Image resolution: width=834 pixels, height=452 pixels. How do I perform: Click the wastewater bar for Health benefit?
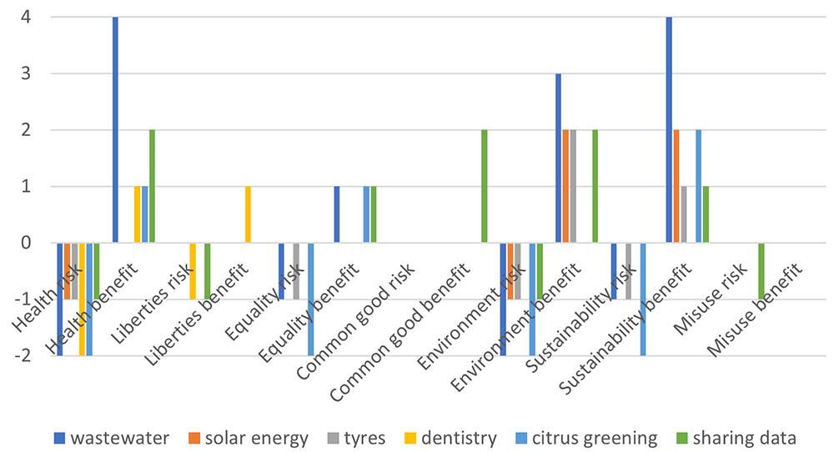115,130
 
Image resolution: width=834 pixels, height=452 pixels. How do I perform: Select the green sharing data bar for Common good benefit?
484,186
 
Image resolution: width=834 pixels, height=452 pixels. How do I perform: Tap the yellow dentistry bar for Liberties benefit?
248,214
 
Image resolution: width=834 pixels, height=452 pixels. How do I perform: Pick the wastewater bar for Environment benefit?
558,158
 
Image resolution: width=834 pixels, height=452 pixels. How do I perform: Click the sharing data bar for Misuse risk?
761,271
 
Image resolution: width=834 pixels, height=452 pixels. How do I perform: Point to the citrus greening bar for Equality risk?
310,299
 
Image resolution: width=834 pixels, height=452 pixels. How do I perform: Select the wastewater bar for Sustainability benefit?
669,130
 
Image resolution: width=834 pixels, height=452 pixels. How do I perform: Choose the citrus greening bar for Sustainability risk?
643,299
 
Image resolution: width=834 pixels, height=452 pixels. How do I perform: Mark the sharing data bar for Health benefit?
152,186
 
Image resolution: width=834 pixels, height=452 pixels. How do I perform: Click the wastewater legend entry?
112,438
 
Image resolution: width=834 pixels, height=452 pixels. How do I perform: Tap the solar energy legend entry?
249,438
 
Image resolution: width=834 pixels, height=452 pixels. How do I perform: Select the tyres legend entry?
356,438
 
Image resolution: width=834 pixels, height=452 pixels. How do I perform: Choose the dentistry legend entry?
450,438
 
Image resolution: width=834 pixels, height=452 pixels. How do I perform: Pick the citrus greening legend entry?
586,438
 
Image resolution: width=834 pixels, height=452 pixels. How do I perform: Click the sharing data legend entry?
736,438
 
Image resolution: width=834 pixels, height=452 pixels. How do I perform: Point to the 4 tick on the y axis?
25,17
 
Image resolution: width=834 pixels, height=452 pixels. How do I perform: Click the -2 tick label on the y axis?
22,356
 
